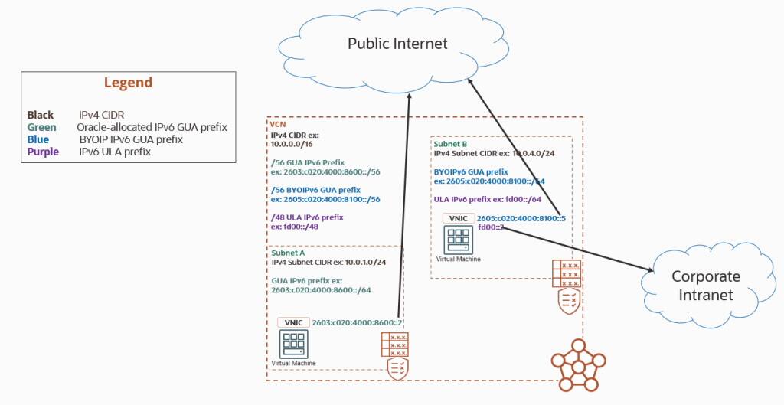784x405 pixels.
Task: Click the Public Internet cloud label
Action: tap(397, 43)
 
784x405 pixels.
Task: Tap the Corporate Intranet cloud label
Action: tap(705, 285)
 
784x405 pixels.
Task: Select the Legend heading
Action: tap(128, 83)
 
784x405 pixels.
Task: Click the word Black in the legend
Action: tap(40, 115)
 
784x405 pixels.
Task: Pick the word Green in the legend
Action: tap(41, 127)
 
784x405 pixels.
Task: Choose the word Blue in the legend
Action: tap(38, 139)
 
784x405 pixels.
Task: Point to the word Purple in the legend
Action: tap(43, 152)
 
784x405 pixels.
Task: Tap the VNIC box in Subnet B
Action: tap(458, 218)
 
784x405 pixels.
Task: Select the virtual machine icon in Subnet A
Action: tap(293, 344)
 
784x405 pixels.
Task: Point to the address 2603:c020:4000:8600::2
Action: tap(357, 323)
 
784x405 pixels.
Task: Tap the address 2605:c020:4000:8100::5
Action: tap(521, 218)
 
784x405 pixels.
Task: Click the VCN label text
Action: tap(277, 123)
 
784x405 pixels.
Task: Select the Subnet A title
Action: tap(289, 252)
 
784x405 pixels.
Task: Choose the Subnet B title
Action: tap(452, 143)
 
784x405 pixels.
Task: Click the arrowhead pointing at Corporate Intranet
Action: tap(648, 270)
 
